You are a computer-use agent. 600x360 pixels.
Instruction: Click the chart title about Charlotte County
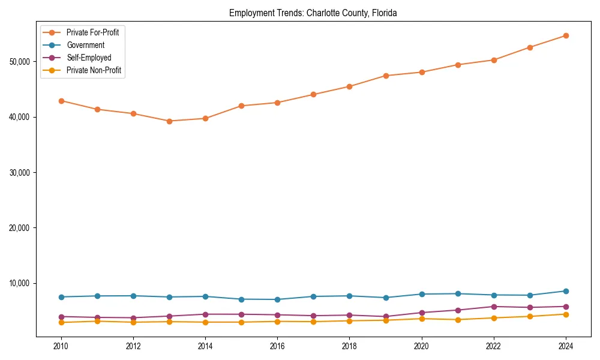point(313,13)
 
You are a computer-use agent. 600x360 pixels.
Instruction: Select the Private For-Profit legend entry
point(92,32)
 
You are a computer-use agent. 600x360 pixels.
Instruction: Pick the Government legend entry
point(85,45)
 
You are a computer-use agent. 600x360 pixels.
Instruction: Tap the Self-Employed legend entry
point(89,58)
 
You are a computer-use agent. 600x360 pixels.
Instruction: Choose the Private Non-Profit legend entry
point(94,70)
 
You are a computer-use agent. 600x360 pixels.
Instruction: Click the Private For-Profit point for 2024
point(566,35)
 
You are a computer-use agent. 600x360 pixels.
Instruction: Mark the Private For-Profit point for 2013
point(169,121)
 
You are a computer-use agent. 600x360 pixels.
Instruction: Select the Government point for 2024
point(566,291)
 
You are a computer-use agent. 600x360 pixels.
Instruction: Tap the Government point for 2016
point(277,299)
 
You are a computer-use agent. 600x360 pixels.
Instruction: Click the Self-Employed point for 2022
point(494,307)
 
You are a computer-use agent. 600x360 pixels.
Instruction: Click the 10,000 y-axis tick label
point(22,283)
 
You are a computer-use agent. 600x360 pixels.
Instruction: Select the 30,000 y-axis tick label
point(22,173)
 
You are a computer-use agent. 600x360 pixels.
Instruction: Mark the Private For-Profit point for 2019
point(386,76)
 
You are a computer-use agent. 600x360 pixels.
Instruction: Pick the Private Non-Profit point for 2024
point(566,314)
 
